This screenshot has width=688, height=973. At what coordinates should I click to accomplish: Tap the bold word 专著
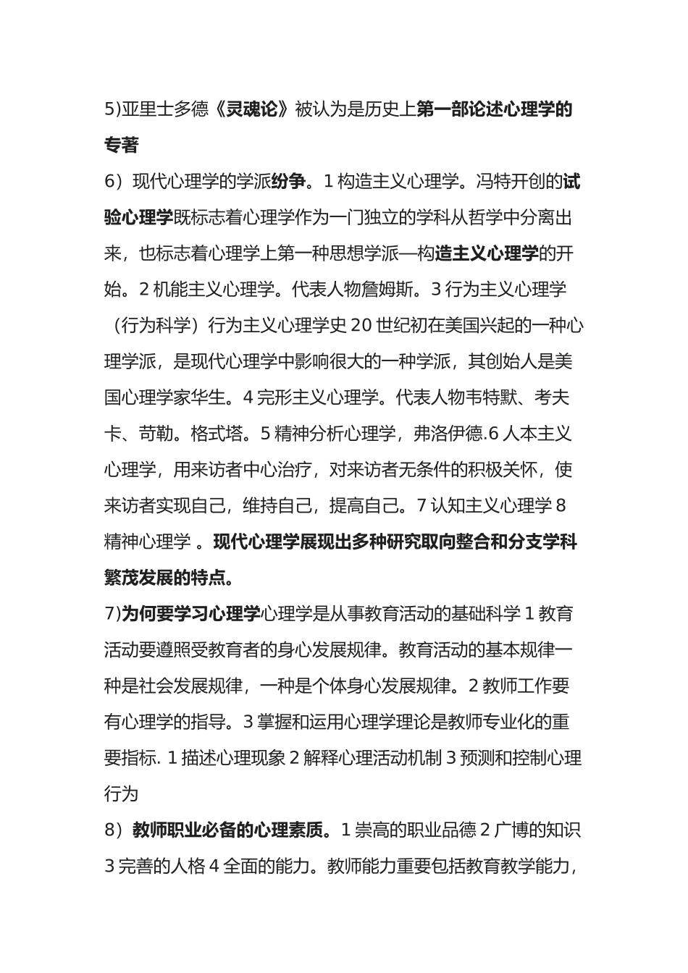coord(122,146)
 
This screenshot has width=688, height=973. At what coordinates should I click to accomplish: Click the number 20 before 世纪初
coord(360,326)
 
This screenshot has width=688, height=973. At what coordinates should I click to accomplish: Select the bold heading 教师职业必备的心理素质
coord(227,830)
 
